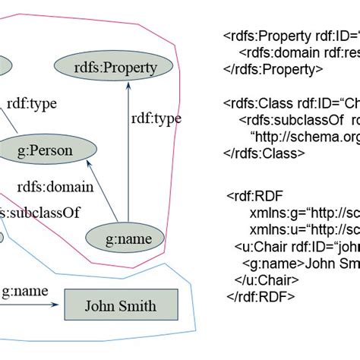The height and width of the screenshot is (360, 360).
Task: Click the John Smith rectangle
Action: pos(120,306)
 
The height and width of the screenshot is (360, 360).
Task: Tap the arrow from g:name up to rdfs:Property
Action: pos(128,152)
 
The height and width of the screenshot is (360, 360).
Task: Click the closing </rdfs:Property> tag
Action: pos(273,69)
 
